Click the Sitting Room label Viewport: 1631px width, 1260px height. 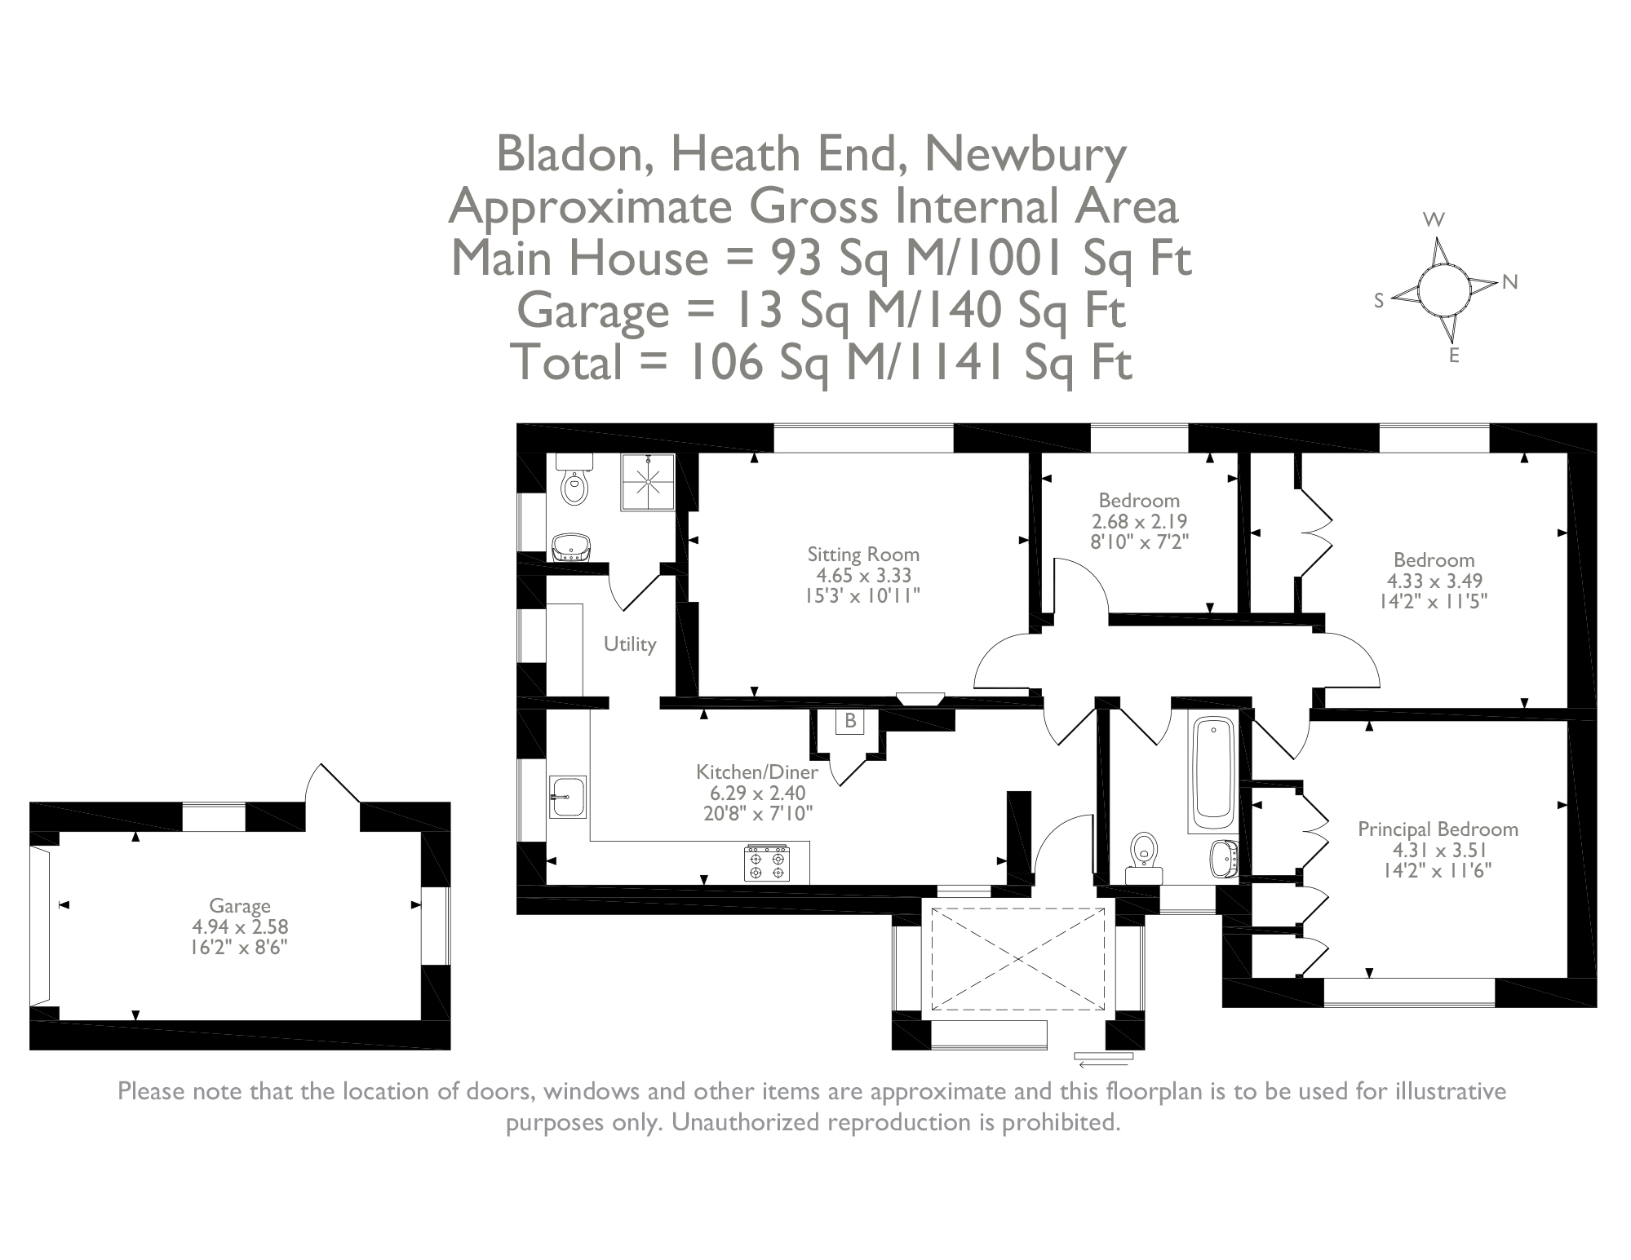pos(863,555)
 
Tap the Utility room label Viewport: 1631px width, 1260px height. pos(629,644)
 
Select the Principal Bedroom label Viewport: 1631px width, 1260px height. pos(1438,829)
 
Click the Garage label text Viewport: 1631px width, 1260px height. pos(239,905)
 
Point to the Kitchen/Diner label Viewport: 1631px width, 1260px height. pos(756,771)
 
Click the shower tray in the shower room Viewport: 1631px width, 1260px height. pos(649,482)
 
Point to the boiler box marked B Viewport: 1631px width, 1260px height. pos(850,721)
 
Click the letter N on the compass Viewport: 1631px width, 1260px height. pos(1509,282)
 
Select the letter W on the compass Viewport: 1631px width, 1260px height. pos(1434,219)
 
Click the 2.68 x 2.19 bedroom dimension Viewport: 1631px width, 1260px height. pos(1139,521)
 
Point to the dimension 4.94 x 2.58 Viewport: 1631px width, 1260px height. pos(240,926)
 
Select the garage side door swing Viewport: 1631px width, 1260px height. pos(330,785)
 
